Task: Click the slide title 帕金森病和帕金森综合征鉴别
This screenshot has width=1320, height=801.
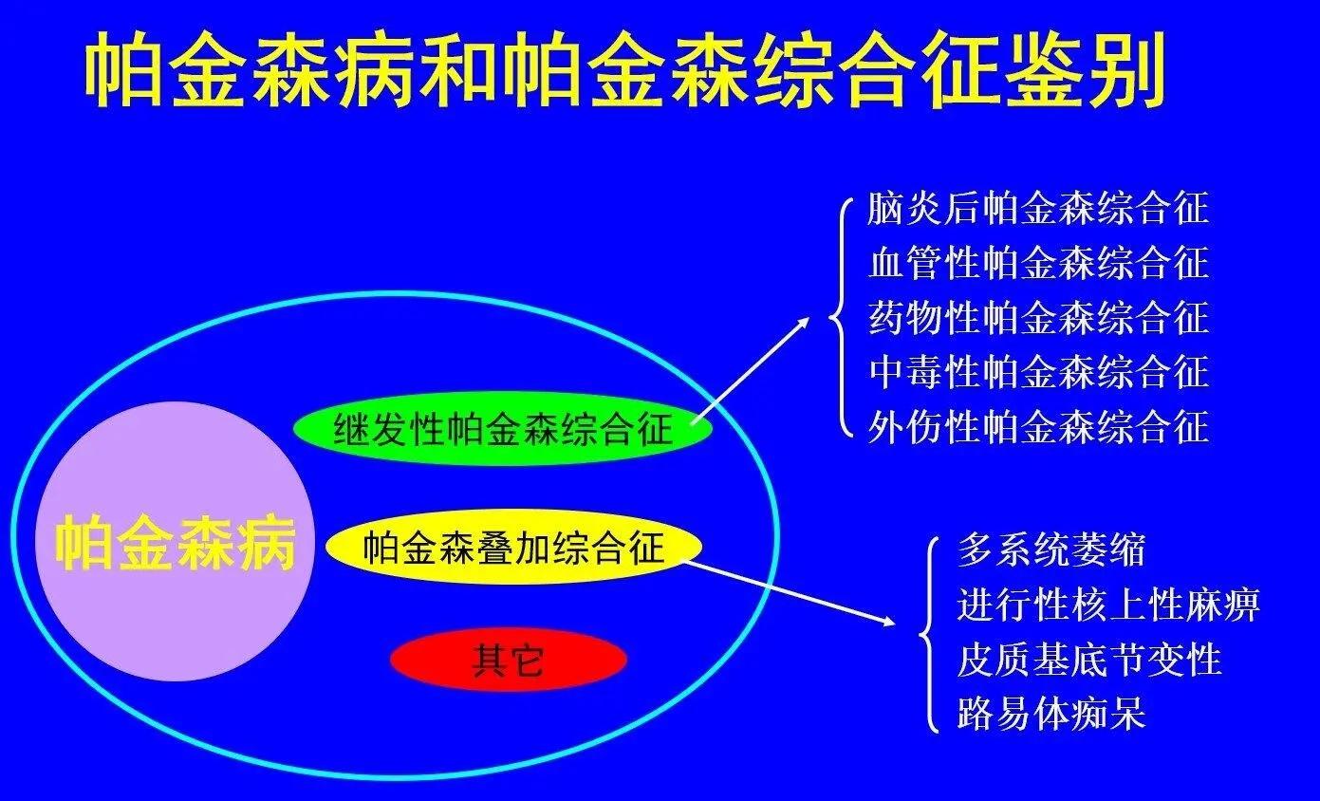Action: click(x=625, y=69)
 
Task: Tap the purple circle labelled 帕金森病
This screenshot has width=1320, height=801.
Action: click(x=175, y=541)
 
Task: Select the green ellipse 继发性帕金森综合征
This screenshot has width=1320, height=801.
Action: click(x=503, y=428)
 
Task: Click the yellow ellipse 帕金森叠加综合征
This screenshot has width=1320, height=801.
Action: click(x=513, y=547)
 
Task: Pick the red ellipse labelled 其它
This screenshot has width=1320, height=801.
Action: click(x=508, y=659)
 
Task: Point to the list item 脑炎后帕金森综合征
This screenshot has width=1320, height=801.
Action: click(x=1038, y=208)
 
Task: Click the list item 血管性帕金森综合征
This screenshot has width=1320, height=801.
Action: click(x=1038, y=262)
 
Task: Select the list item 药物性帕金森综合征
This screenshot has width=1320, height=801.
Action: click(x=1038, y=317)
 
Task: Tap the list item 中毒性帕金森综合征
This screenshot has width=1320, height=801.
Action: click(x=1038, y=371)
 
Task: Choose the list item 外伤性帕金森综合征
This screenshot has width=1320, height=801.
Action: click(x=1038, y=426)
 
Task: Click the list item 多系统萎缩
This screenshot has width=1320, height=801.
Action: click(x=1051, y=550)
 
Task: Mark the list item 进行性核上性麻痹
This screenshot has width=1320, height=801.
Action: click(x=1107, y=605)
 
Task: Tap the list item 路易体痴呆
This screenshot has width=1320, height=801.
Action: click(x=1051, y=714)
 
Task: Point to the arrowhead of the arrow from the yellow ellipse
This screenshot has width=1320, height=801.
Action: click(x=887, y=622)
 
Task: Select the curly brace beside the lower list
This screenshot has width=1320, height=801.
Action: click(x=928, y=635)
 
